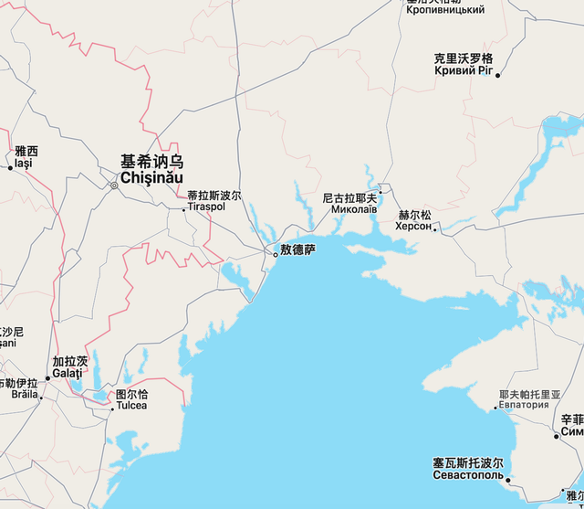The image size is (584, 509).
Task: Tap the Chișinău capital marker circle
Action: (114, 186)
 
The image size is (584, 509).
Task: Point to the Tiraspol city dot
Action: (184, 209)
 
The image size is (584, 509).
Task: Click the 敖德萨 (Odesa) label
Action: (297, 249)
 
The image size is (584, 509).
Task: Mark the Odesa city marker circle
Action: (276, 255)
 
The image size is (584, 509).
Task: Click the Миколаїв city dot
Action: (381, 192)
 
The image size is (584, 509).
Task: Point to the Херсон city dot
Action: (435, 228)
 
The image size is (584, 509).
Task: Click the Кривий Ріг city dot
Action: (497, 75)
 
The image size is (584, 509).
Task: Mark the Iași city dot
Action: (11, 167)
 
